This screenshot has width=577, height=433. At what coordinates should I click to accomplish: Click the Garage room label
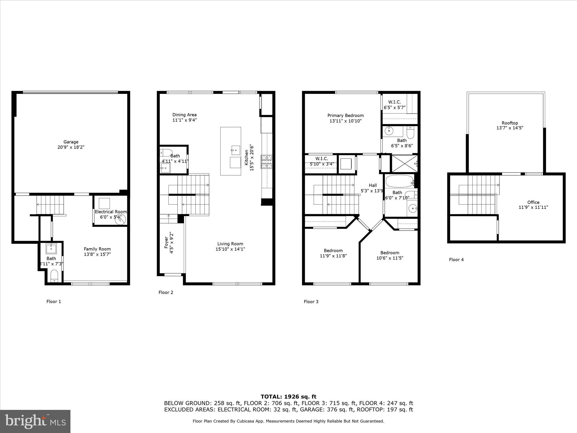tap(71, 142)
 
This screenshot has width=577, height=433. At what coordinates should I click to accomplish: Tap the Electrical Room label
tap(111, 212)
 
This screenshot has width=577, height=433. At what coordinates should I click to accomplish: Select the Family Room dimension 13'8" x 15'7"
tap(97, 254)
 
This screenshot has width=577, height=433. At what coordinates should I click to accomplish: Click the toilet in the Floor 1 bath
tap(54, 275)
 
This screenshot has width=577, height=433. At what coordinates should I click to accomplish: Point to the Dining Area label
tap(184, 115)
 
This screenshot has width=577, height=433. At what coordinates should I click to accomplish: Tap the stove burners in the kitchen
tap(267, 162)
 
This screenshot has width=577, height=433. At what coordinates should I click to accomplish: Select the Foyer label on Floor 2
tap(166, 243)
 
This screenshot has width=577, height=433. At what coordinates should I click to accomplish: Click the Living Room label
tap(230, 244)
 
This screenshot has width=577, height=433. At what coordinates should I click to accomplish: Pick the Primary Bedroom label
tap(345, 116)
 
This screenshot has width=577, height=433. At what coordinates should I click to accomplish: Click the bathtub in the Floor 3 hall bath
tap(399, 181)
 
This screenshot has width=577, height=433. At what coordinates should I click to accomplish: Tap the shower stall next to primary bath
tap(404, 164)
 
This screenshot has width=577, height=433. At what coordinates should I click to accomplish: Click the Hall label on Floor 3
tap(373, 185)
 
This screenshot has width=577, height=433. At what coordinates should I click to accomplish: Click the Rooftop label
tap(510, 123)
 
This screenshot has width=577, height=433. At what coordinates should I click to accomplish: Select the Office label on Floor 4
tap(533, 202)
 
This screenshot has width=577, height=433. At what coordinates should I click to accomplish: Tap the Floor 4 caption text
tap(456, 260)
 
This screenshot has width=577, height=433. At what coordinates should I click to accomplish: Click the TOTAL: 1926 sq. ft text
tap(288, 397)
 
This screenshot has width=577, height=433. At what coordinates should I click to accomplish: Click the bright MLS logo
tap(35, 421)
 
